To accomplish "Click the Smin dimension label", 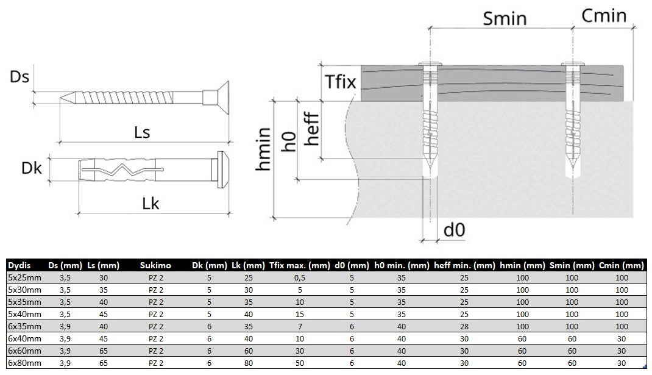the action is (505, 19).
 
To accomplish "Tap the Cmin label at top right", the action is (604, 16).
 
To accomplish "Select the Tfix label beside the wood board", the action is (341, 82).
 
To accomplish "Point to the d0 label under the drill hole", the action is (454, 230).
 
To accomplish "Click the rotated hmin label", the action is (263, 149).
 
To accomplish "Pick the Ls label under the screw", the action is (142, 132).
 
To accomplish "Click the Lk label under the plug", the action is (151, 204).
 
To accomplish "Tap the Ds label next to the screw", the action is (19, 77).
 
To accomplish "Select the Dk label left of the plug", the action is (32, 168).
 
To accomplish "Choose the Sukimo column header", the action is (155, 265).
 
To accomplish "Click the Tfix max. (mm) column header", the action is (299, 265).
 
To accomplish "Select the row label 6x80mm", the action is (24, 363).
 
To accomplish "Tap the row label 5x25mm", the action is (24, 277).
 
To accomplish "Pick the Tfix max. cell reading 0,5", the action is (299, 277).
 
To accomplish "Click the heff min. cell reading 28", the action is (464, 326).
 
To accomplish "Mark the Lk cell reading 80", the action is (248, 363).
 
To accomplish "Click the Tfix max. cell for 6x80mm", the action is (299, 363).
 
